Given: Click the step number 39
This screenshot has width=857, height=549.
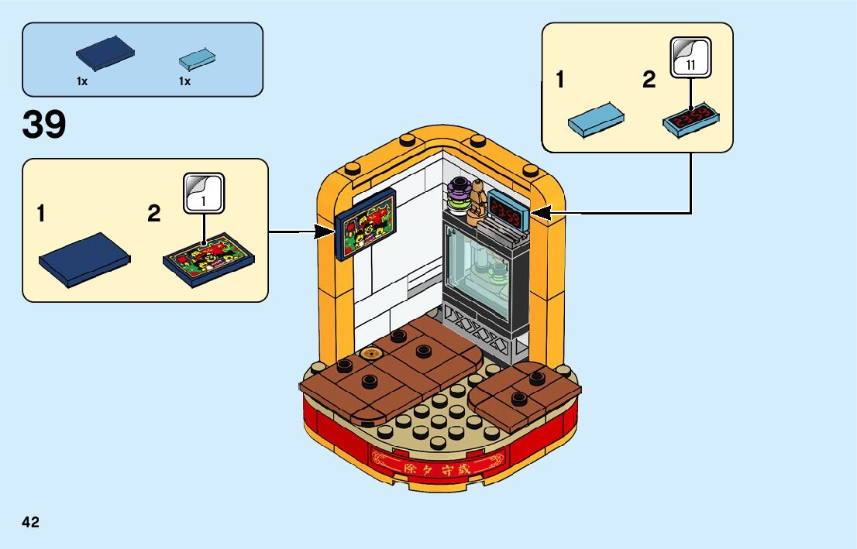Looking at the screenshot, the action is [45, 125].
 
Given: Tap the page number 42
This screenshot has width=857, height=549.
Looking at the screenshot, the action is [31, 522].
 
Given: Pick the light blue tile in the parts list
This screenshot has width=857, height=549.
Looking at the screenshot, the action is [196, 59].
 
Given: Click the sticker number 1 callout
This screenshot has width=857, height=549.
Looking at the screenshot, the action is [204, 193].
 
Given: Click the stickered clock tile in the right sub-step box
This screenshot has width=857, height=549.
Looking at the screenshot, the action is [690, 121].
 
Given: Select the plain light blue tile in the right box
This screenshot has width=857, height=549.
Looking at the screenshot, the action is [596, 118].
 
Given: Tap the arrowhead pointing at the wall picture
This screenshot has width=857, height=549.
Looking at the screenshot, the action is [325, 231].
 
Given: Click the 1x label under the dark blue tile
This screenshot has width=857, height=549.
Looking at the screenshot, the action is [81, 81].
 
